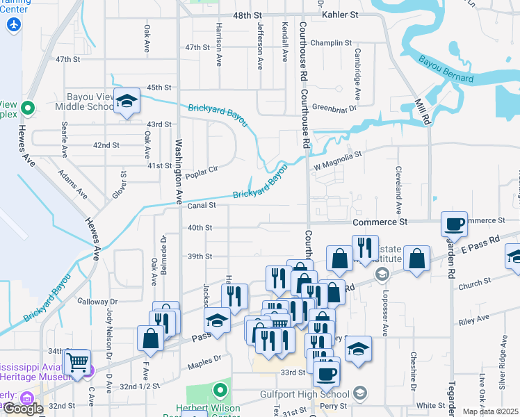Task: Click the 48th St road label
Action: click(x=248, y=15)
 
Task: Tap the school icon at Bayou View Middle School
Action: click(x=127, y=103)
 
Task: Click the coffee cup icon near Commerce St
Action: click(x=455, y=224)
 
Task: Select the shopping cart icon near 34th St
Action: click(x=77, y=361)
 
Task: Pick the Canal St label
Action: click(x=202, y=206)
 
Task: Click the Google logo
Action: click(x=23, y=409)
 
